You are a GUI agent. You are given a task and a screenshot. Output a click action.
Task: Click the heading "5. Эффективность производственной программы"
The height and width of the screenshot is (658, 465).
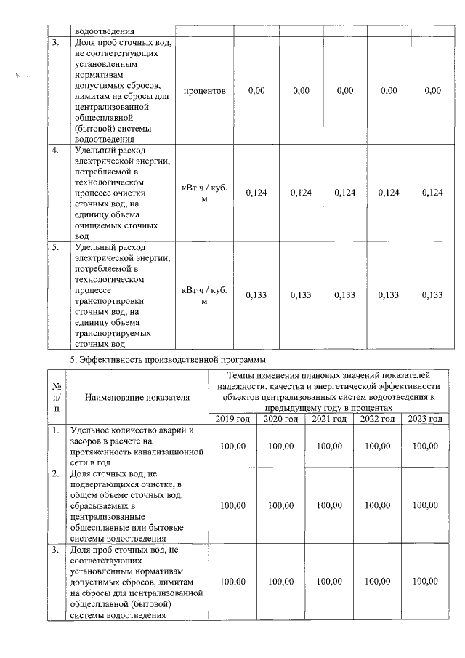[x=166, y=359]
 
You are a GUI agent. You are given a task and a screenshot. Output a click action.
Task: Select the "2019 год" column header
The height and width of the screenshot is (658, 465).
[x=232, y=419]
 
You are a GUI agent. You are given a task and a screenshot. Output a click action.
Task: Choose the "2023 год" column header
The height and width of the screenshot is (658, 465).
[x=425, y=419]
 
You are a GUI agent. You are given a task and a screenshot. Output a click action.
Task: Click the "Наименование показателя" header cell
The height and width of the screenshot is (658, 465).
[x=137, y=398]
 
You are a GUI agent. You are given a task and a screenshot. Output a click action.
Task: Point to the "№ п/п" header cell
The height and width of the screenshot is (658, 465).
[x=57, y=398]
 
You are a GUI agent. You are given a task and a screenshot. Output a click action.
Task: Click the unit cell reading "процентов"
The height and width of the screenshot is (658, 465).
[x=204, y=91]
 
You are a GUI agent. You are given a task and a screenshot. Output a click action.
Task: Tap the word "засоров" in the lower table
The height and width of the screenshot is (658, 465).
[x=86, y=441]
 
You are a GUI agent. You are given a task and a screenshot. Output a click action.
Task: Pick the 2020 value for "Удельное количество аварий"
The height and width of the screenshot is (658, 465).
[x=280, y=446]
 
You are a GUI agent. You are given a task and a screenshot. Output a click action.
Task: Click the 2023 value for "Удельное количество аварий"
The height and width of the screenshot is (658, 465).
[x=425, y=446]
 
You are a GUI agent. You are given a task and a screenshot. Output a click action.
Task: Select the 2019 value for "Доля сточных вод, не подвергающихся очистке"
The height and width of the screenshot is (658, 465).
[x=232, y=505]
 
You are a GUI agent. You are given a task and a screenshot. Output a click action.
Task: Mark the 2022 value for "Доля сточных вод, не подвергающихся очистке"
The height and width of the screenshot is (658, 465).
[x=376, y=505]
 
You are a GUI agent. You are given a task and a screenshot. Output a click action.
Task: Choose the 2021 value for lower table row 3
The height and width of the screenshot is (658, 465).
[x=328, y=582]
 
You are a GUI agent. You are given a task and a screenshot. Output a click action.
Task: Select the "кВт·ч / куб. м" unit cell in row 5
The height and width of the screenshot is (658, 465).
[x=204, y=294]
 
